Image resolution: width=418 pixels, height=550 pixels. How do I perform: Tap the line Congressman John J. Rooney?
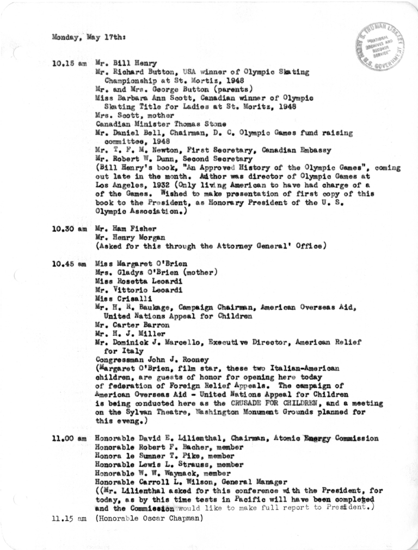point(144,359)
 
